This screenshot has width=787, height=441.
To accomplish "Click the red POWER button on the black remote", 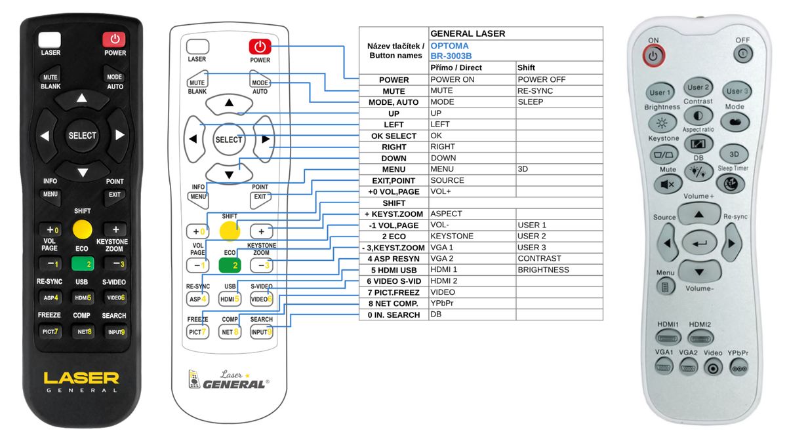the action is tap(114, 39).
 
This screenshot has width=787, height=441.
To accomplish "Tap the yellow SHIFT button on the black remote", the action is tap(82, 229).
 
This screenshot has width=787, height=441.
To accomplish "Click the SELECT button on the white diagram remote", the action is tap(228, 140).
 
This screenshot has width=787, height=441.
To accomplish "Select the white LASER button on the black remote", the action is tap(50, 40).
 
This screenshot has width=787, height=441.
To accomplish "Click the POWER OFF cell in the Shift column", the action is tap(542, 80).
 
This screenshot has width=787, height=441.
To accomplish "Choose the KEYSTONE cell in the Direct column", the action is tap(452, 236).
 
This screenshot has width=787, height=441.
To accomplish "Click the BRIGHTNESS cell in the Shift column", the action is tap(543, 270).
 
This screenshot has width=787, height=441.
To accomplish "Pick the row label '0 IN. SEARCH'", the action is tap(393, 315).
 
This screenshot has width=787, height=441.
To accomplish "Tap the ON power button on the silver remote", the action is tap(653, 56).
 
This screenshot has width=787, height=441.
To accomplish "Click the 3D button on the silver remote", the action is tap(734, 154).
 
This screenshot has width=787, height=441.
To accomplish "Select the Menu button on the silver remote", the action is tap(665, 287).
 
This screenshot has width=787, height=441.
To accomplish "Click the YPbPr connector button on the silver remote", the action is tap(739, 368).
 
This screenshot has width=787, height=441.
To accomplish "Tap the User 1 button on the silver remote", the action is tap(660, 92).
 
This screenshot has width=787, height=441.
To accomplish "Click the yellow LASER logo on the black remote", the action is tap(81, 378).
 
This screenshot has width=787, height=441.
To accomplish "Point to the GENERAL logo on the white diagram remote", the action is tap(233, 385).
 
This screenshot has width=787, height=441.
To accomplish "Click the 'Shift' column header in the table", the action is tap(526, 67).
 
